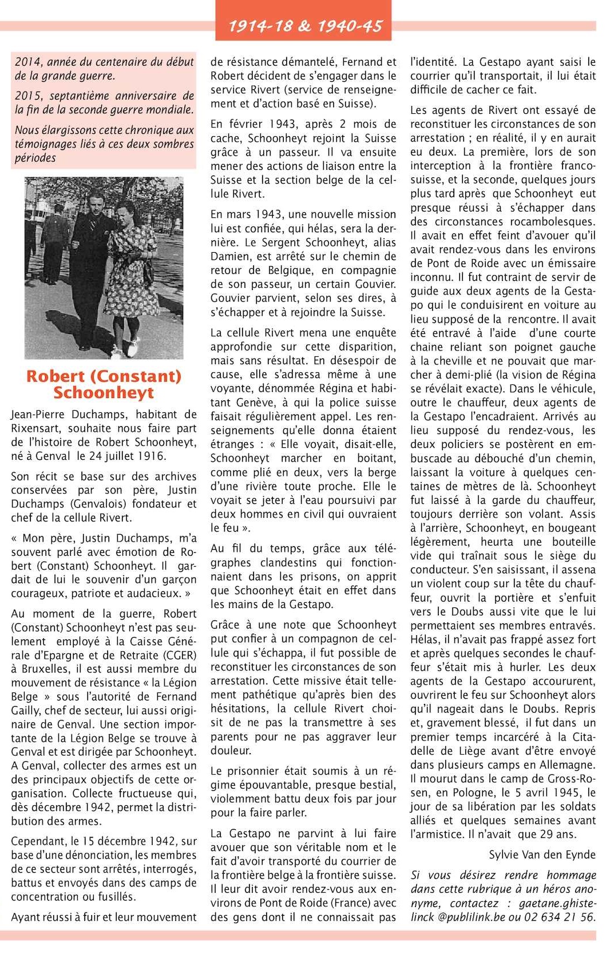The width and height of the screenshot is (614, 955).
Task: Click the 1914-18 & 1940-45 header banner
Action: (303, 25)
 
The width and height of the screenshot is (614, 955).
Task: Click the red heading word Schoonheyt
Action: (104, 393)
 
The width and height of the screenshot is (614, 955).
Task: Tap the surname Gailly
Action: (27, 711)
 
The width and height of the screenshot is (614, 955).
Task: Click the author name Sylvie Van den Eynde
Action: (542, 855)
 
